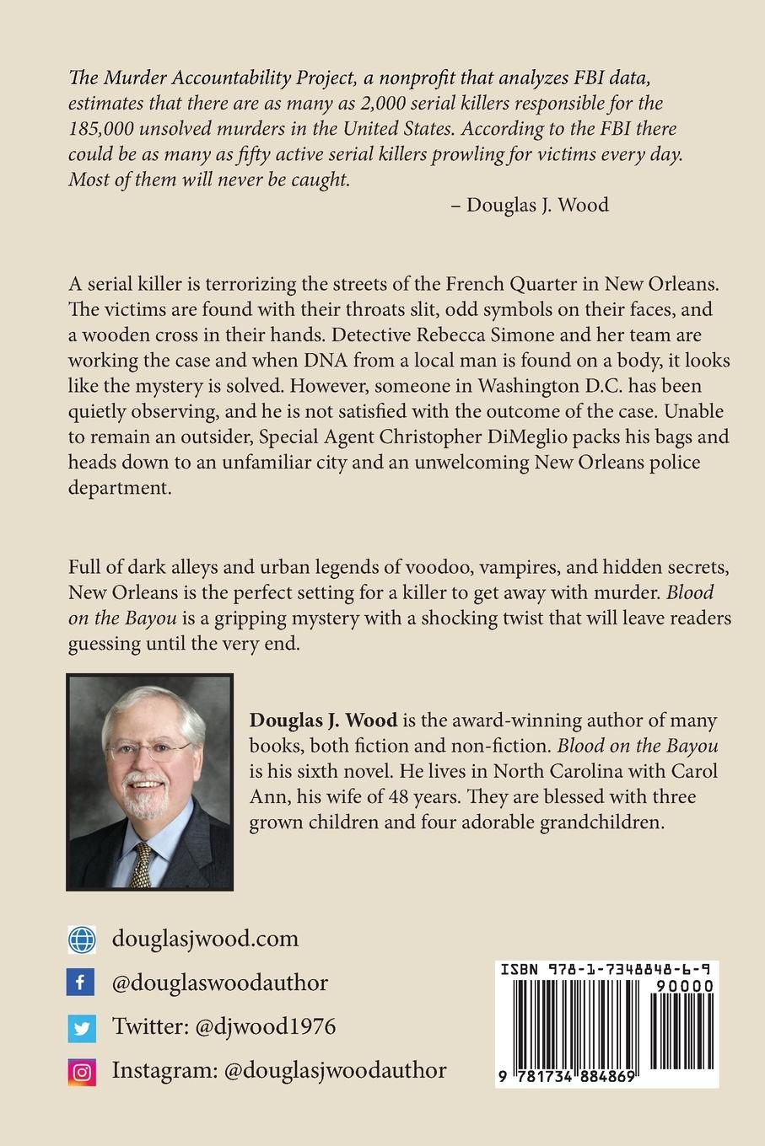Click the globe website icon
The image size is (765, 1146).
(x=81, y=939)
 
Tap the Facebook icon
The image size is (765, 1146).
(x=81, y=983)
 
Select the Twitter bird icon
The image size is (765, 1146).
(x=81, y=1027)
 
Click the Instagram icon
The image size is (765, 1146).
(x=81, y=1072)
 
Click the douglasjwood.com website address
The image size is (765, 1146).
(x=205, y=939)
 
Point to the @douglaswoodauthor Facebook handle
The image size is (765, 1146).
(x=219, y=983)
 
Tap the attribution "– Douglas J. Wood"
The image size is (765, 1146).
(x=530, y=205)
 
